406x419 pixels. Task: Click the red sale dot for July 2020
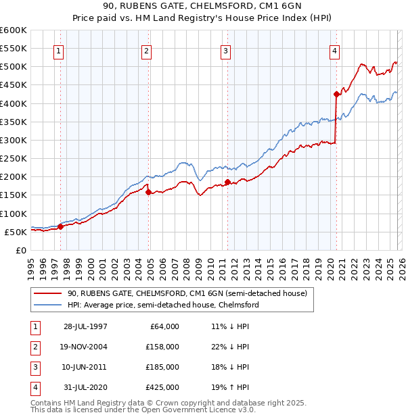[336, 95]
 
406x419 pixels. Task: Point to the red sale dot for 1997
[61, 227]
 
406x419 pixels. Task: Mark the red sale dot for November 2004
[148, 193]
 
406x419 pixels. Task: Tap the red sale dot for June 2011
[227, 182]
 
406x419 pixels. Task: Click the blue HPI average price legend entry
[162, 305]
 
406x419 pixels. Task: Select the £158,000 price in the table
[163, 347]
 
